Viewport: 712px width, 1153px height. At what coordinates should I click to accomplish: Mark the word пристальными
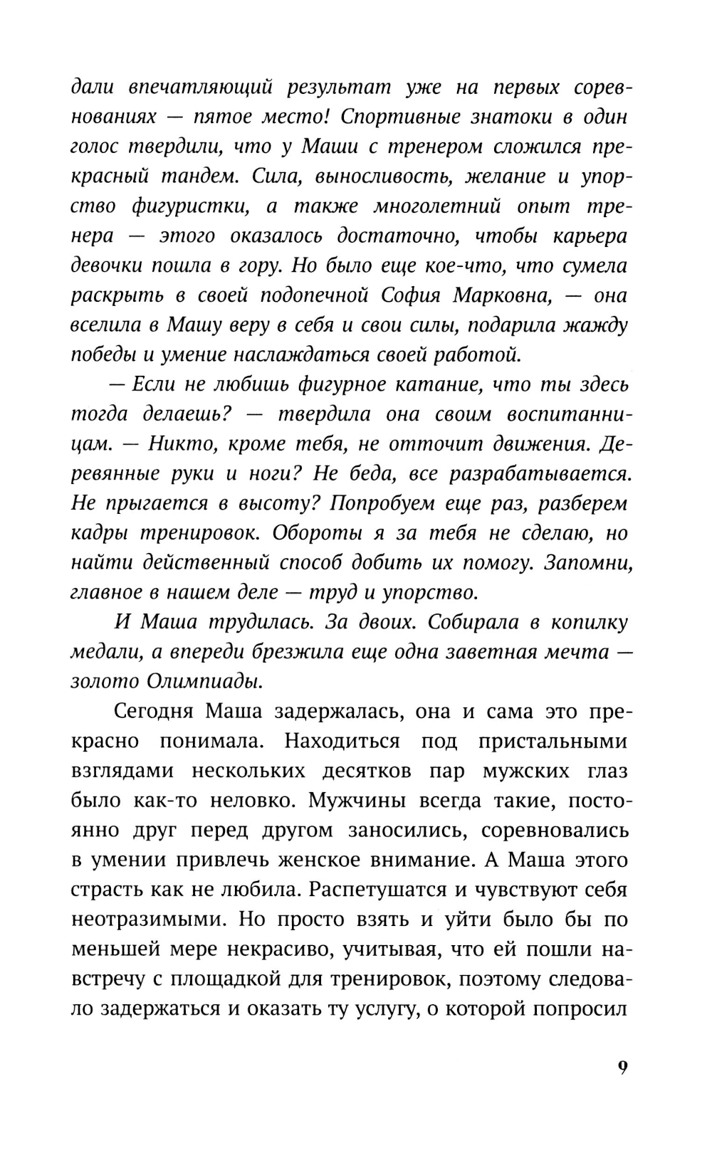553,741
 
